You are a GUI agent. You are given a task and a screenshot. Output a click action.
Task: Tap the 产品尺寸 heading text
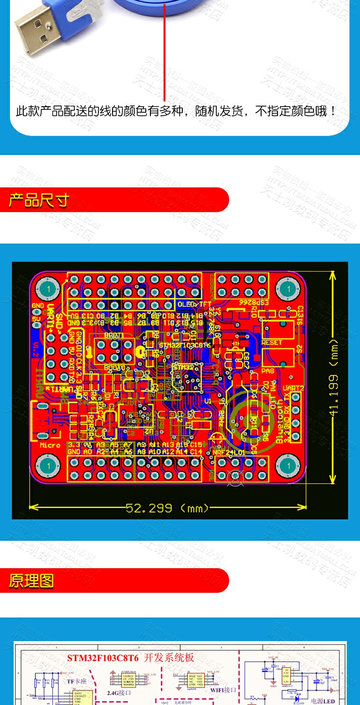click(x=39, y=200)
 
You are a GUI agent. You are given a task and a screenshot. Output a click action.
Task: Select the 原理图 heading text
click(x=31, y=581)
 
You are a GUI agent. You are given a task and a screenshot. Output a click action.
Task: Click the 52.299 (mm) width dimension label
click(x=167, y=508)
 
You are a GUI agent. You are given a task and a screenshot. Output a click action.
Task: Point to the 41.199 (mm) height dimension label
click(x=334, y=377)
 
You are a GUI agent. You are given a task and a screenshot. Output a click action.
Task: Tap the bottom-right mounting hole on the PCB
click(x=288, y=466)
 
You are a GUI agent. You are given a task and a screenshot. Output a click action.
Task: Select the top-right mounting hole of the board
click(x=288, y=289)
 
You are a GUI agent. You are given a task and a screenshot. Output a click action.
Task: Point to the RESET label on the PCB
click(x=272, y=342)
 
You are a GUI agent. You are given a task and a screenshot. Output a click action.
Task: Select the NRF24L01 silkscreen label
click(x=229, y=452)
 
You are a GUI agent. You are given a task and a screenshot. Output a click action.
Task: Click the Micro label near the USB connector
click(x=50, y=445)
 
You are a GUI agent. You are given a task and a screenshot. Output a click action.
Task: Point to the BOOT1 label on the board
click(x=114, y=335)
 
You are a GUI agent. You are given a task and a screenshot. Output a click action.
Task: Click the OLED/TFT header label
click(x=194, y=304)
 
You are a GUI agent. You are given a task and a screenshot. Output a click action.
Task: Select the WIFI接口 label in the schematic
click(x=223, y=689)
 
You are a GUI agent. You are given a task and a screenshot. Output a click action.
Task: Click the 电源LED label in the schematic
click(x=323, y=701)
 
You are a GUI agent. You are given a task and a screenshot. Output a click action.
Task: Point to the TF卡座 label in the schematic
click(x=77, y=681)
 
